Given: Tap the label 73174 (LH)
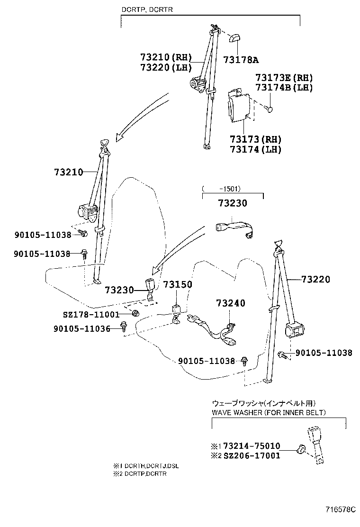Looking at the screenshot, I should click(255, 149).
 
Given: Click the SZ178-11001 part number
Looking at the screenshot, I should click(91, 314).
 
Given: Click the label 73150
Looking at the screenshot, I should click(178, 284).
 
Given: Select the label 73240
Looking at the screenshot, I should click(231, 303).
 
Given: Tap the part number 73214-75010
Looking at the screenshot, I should click(252, 446).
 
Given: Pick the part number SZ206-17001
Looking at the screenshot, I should click(252, 455).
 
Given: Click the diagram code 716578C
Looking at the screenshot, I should click(340, 510).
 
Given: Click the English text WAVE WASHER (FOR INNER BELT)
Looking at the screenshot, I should click(269, 412).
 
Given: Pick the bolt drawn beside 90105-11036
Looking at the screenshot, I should click(124, 326).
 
